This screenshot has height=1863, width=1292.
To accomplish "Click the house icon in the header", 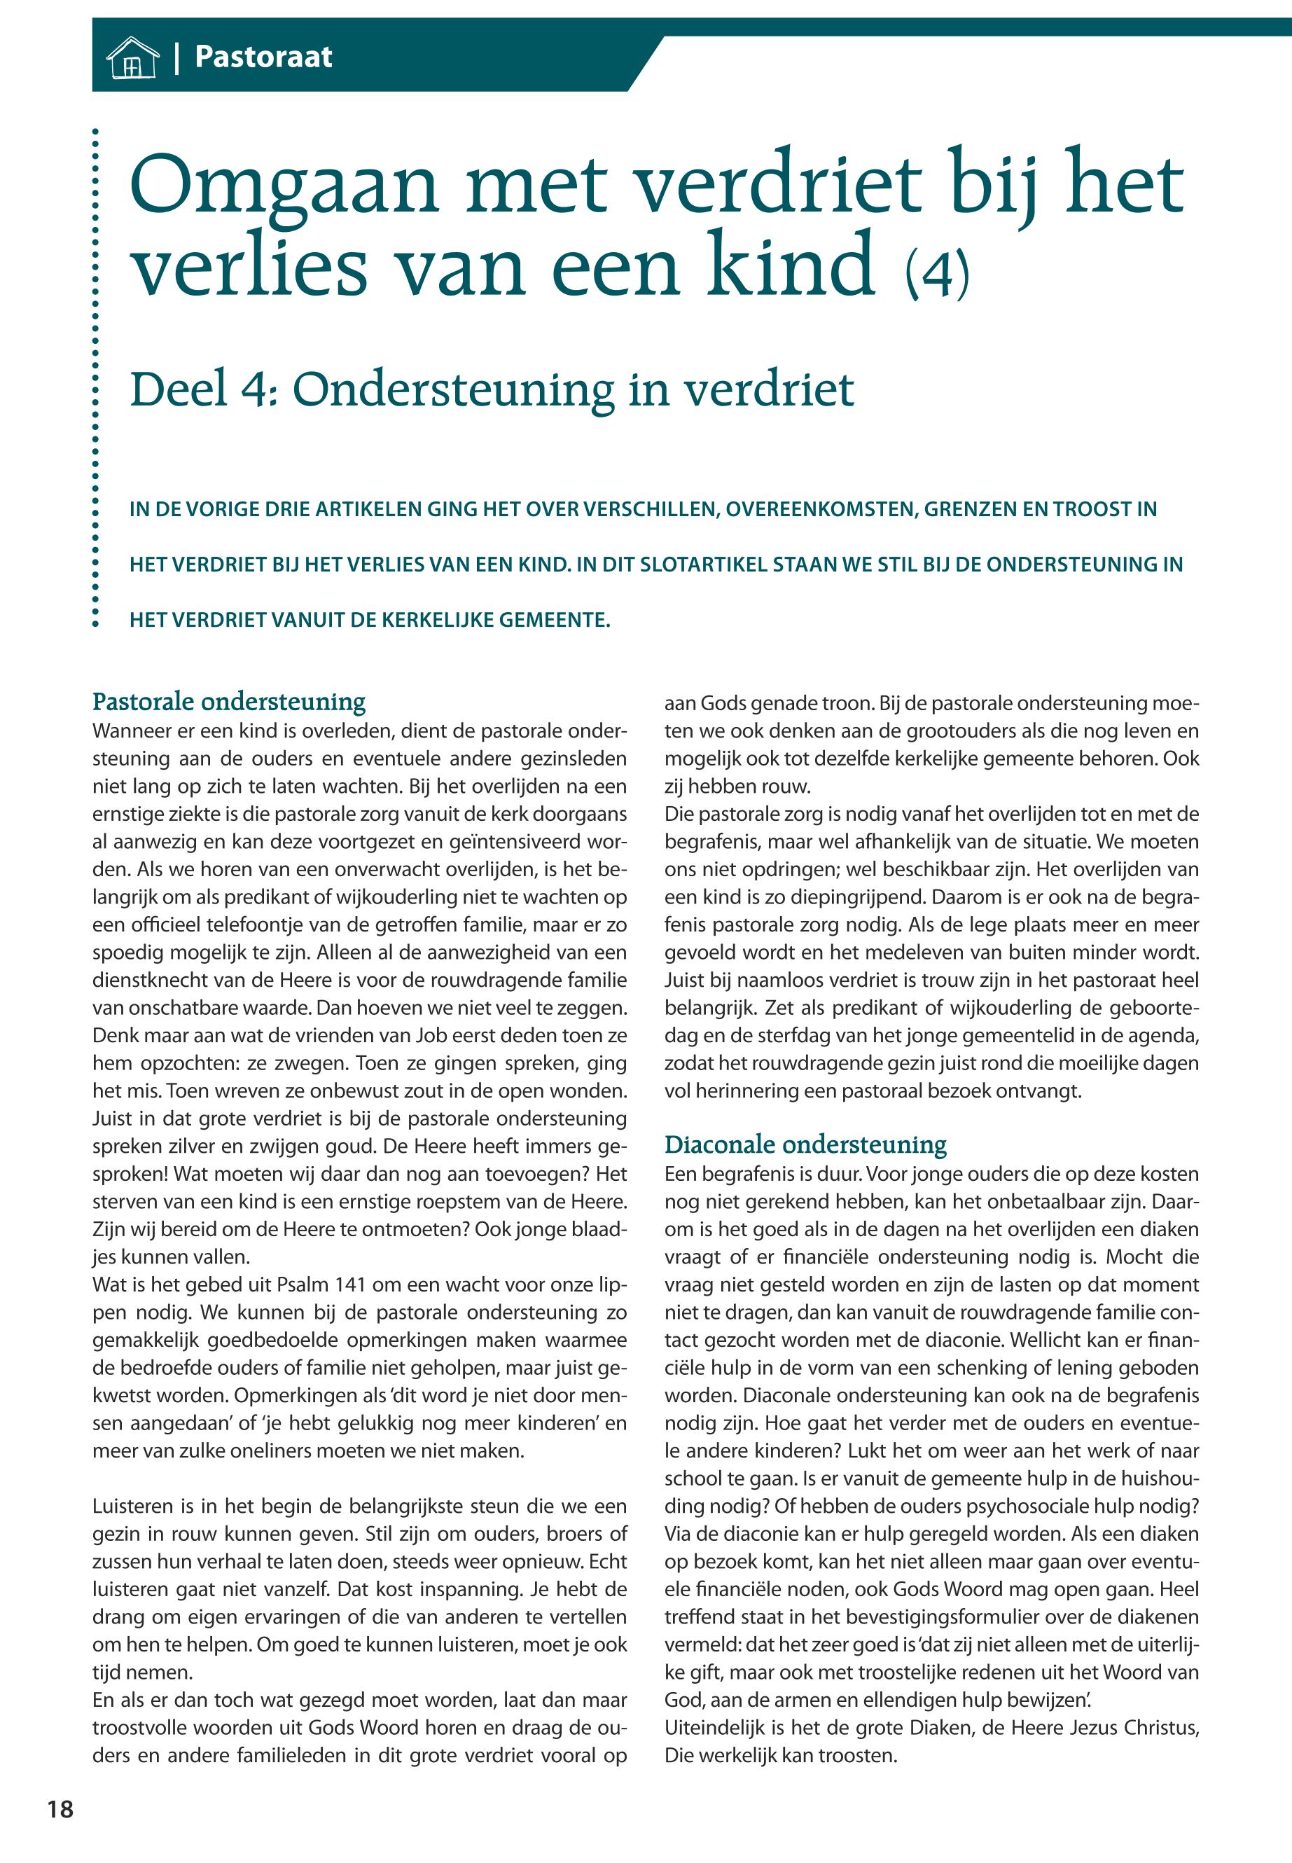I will tap(132, 58).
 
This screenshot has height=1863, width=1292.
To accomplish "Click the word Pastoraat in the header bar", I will tap(263, 57).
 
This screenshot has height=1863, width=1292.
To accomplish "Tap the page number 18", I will tap(60, 1810).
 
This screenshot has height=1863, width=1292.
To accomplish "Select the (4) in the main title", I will tap(937, 275).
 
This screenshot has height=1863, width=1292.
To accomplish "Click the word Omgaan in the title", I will tap(284, 186).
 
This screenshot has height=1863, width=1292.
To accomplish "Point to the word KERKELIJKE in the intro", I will tap(436, 621).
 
